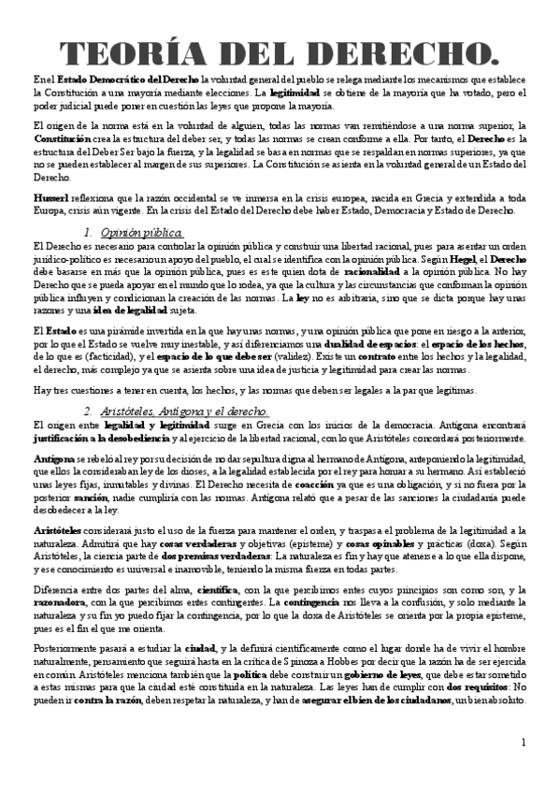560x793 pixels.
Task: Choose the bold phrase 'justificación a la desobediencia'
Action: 89,437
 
